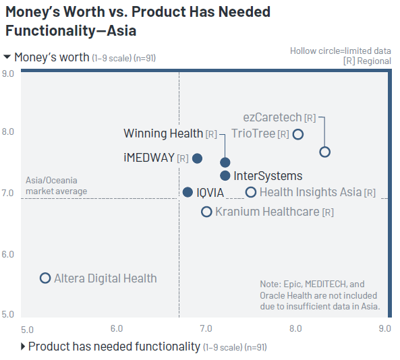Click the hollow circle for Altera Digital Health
pos(45,278)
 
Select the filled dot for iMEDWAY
pos(197,158)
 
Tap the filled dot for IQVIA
pos(188,192)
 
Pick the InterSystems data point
pos(225,175)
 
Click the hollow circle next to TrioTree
pos(298,134)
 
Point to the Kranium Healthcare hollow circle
pos(206,212)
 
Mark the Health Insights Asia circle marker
pos(251,192)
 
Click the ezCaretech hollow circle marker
pos(324,152)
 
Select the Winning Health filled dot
pos(225,162)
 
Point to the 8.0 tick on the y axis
pos(7,132)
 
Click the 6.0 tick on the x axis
pos(117,328)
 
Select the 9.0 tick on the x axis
pos(384,328)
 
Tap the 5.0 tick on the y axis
pos(7,314)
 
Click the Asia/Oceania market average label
pos(56,185)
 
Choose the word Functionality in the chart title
pos(51,31)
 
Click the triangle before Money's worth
pos(7,57)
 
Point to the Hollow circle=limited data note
pos(341,51)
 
